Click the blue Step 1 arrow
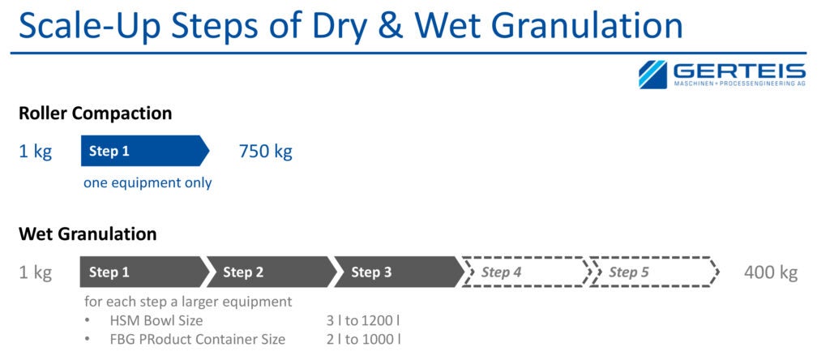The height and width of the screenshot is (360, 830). pyautogui.click(x=143, y=151)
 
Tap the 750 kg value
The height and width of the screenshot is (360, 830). pyautogui.click(x=265, y=152)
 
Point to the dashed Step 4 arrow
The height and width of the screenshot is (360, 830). pyautogui.click(x=524, y=272)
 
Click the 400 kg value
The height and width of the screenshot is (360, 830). pyautogui.click(x=770, y=272)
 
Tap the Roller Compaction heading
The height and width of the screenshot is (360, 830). pyautogui.click(x=96, y=114)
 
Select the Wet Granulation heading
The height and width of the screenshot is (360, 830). pyautogui.click(x=88, y=234)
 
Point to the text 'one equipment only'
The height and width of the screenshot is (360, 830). pyautogui.click(x=148, y=182)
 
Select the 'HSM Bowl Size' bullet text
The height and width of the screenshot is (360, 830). pyautogui.click(x=156, y=320)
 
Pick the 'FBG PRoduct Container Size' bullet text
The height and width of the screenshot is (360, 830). pyautogui.click(x=197, y=339)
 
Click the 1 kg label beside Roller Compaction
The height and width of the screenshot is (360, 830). pyautogui.click(x=35, y=152)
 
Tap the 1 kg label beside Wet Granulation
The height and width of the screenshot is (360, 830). pyautogui.click(x=35, y=272)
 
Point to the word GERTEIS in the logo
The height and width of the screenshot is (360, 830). pyautogui.click(x=738, y=71)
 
